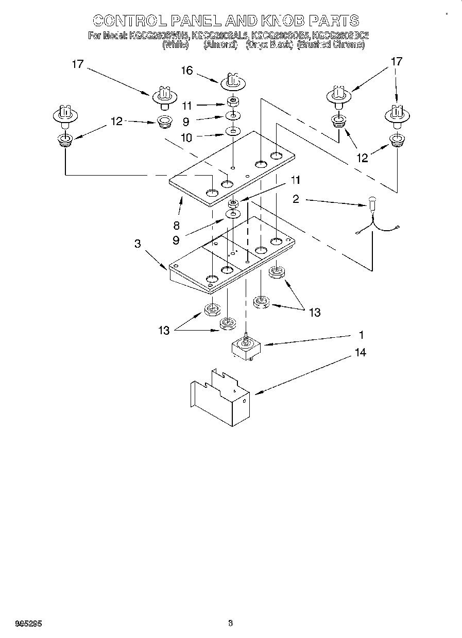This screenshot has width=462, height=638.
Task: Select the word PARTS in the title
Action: (334, 21)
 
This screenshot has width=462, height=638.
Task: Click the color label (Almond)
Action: (220, 45)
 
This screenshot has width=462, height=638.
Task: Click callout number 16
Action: (186, 71)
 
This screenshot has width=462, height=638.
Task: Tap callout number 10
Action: (186, 137)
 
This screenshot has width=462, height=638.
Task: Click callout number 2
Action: (296, 199)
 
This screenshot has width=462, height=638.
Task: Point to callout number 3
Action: (138, 244)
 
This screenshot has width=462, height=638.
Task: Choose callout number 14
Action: (360, 353)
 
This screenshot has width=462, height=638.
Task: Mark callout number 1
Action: (361, 335)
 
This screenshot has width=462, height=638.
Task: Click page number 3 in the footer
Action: (230, 624)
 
